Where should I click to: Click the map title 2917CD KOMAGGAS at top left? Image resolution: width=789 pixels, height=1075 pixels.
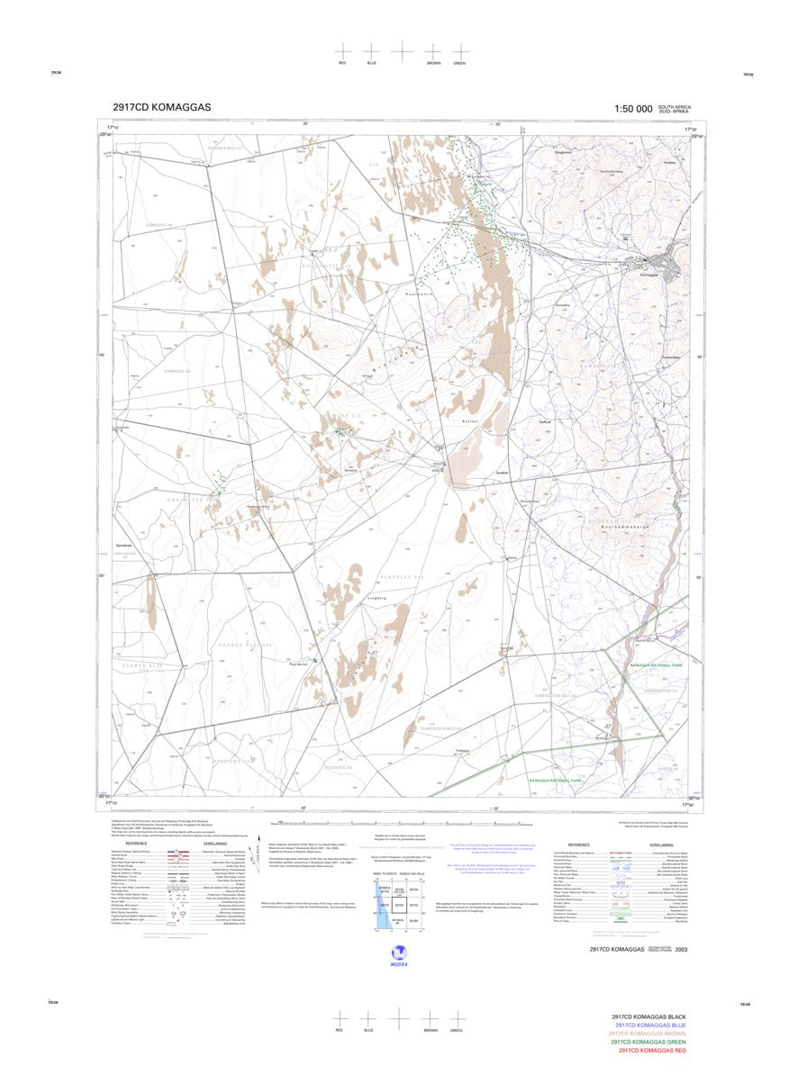(162, 107)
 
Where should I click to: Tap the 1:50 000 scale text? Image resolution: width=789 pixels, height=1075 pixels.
(632, 109)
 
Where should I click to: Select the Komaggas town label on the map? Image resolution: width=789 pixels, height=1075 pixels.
(649, 275)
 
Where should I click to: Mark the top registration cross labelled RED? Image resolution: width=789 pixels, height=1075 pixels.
(342, 51)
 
